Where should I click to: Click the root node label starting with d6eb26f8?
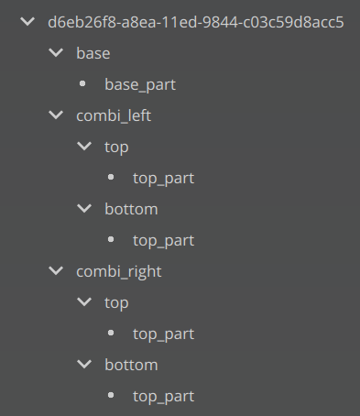tap(196, 22)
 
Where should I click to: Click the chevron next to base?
tap(57, 53)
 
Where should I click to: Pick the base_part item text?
tap(140, 84)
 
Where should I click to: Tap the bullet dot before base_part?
tap(84, 84)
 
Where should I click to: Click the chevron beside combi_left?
tap(57, 115)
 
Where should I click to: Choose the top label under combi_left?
tap(117, 147)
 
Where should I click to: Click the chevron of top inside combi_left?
tap(85, 147)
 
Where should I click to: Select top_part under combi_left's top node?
tap(163, 178)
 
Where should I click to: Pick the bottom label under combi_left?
tap(131, 209)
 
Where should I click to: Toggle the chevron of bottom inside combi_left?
tap(85, 209)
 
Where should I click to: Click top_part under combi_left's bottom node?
tap(163, 240)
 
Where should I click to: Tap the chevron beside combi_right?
tap(57, 271)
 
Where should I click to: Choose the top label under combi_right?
tap(117, 302)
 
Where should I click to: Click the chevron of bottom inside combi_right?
tap(85, 365)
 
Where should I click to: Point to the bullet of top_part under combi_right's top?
tap(112, 334)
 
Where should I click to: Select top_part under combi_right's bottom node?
tap(163, 396)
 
